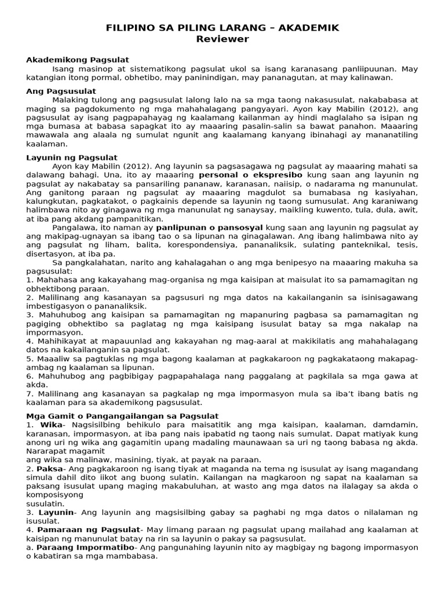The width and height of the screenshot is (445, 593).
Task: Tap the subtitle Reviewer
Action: [x=222, y=39]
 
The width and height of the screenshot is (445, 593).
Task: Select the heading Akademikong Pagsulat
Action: [x=78, y=60]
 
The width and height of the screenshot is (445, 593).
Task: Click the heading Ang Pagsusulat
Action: [x=61, y=91]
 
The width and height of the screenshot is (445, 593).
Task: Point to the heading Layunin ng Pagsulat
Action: [x=72, y=158]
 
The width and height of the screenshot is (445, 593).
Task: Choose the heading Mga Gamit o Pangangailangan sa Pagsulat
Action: [x=123, y=416]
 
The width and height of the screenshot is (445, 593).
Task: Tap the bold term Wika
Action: [x=50, y=424]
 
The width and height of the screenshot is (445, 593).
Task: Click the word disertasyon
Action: [x=49, y=254]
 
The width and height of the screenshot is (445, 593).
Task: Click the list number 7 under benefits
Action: [x=30, y=394]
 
